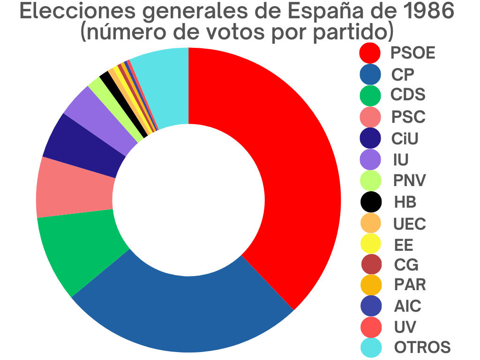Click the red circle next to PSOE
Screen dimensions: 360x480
click(370, 52)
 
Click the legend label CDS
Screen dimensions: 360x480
click(408, 95)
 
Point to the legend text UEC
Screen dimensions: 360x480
click(410, 224)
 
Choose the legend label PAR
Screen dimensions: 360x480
click(410, 284)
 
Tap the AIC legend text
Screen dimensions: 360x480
click(407, 306)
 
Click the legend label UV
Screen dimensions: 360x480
click(405, 327)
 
